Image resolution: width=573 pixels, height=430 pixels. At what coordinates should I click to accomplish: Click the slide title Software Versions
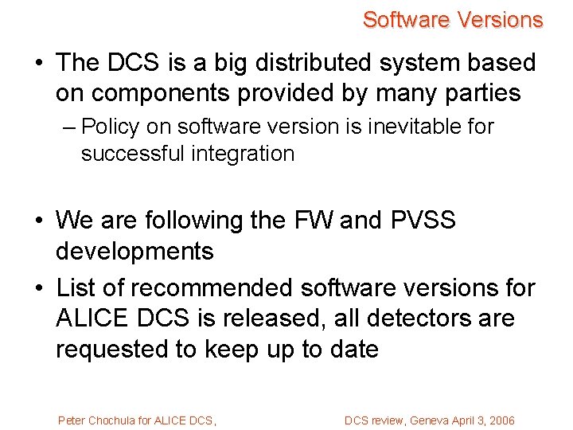coord(452,20)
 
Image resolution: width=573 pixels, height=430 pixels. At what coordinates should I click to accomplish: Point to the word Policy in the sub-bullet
coord(111,127)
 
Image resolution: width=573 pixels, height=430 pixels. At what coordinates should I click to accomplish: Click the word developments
coord(134,252)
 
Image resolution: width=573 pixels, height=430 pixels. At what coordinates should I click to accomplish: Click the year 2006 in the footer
coord(501,420)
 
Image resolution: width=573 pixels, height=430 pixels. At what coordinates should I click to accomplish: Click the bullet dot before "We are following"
coord(39,221)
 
